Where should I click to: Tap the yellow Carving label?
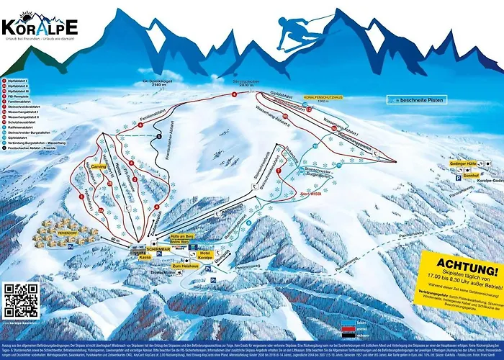(99, 165)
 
